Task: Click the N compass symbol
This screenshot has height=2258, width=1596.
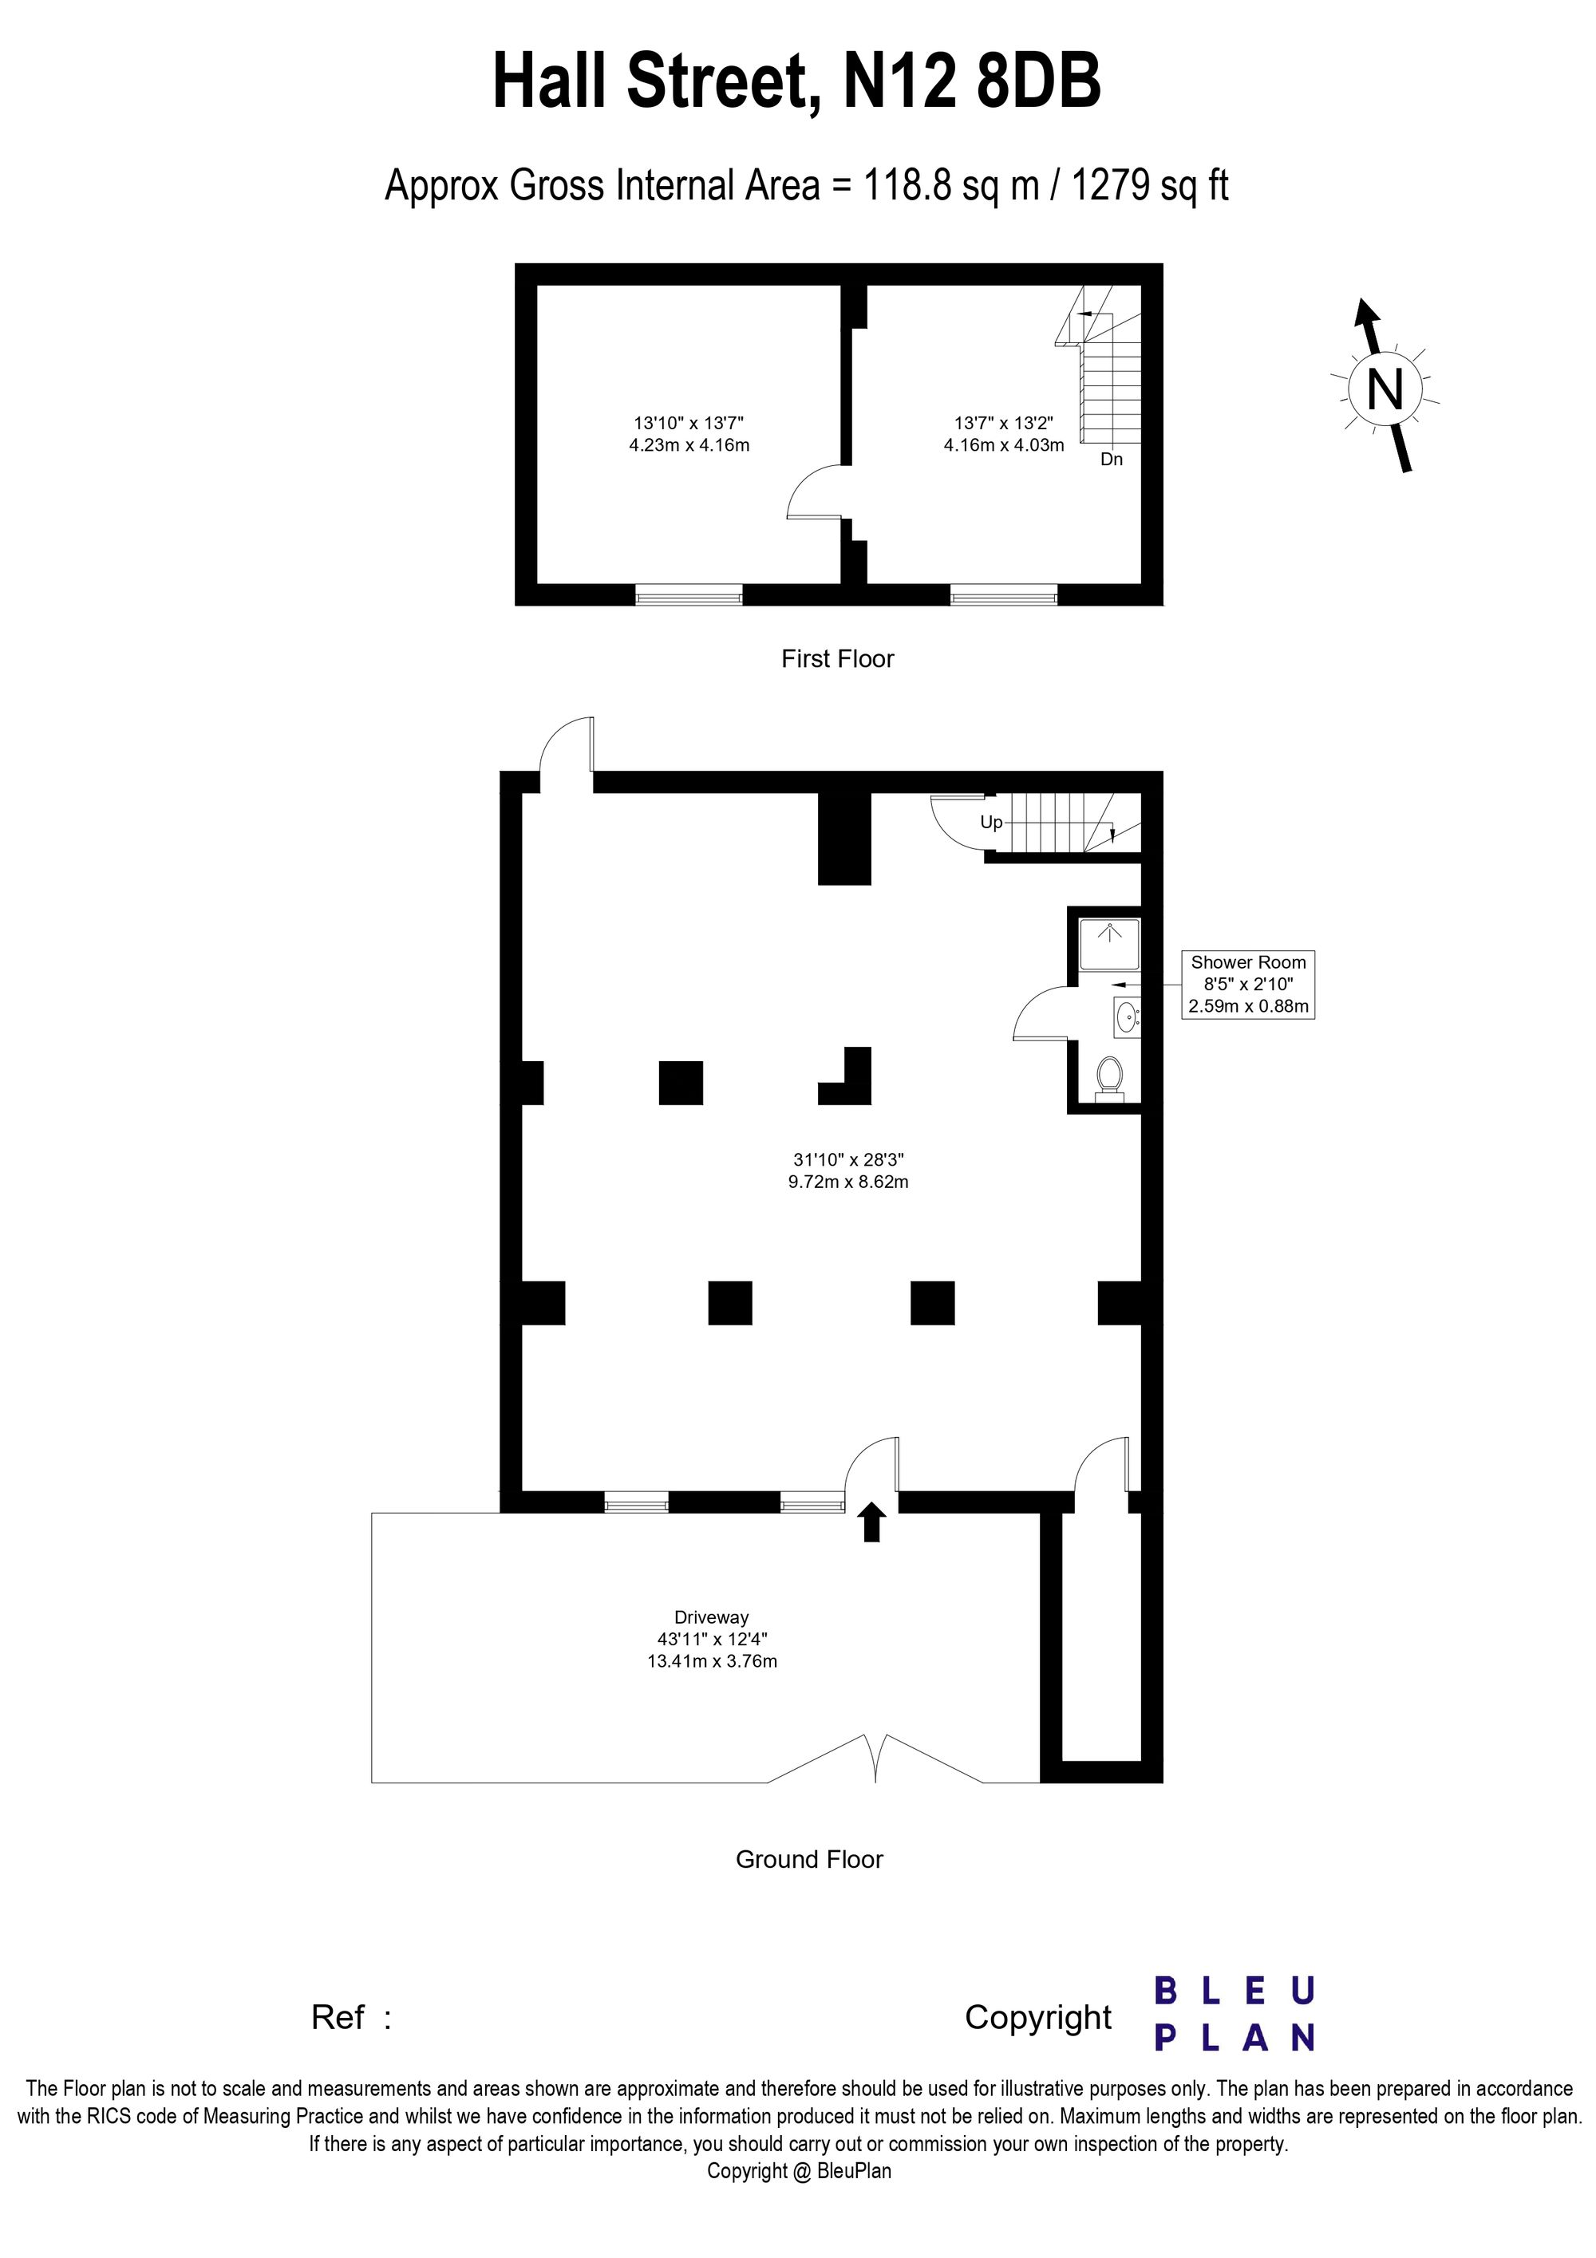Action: click(x=1385, y=390)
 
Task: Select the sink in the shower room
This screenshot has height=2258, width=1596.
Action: click(x=1127, y=1016)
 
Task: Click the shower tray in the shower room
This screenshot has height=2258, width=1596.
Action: click(x=1109, y=943)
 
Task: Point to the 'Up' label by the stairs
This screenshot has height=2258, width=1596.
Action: click(x=991, y=822)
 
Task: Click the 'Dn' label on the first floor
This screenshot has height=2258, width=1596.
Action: click(x=1111, y=460)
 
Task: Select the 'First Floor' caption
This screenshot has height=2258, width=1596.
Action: click(x=837, y=659)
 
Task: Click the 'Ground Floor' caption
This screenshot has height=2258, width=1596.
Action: click(x=809, y=1860)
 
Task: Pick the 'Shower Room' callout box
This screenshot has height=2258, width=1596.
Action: click(x=1248, y=984)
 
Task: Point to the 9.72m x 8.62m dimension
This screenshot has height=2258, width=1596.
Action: click(x=847, y=1181)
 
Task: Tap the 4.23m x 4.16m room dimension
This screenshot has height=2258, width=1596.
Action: click(x=689, y=444)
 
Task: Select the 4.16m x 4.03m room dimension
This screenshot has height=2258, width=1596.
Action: click(x=1003, y=444)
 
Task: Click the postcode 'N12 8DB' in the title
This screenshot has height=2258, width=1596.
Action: click(x=971, y=83)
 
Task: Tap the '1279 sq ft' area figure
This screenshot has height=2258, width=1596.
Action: click(x=1150, y=185)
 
